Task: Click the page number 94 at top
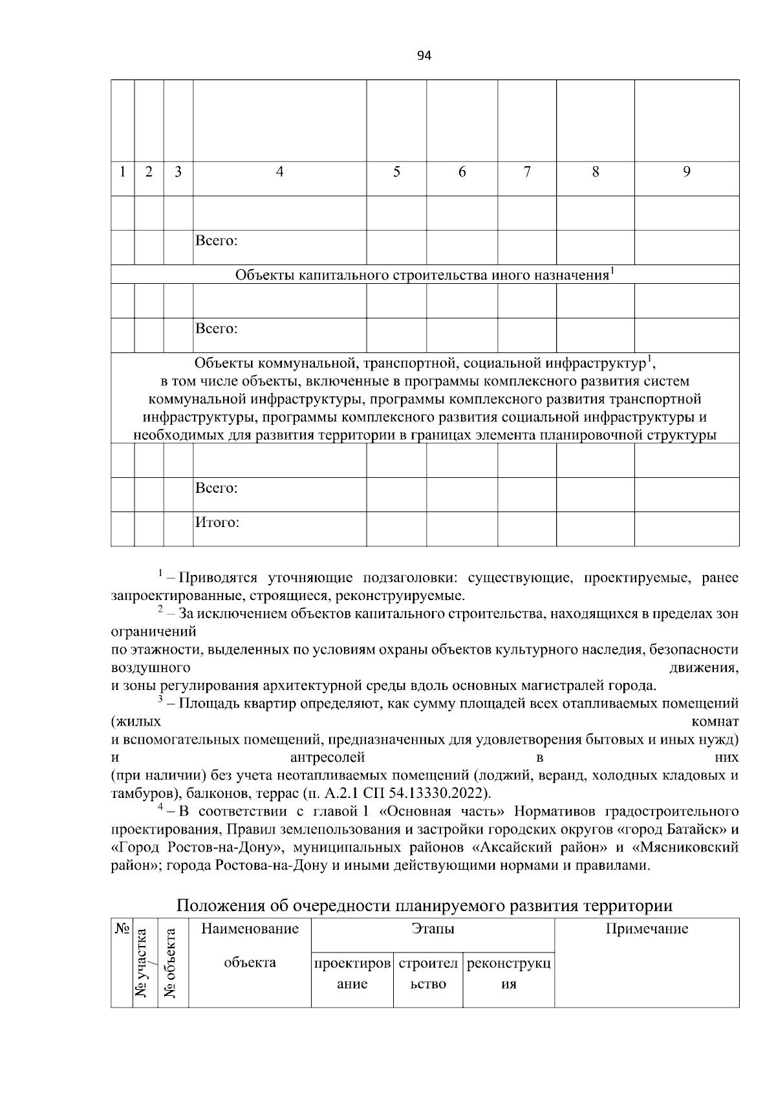point(424,56)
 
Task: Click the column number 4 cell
point(279,172)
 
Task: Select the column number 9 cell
point(687,172)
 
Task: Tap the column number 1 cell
point(122,172)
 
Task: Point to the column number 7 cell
point(527,172)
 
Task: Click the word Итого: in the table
point(217,522)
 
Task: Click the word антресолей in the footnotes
point(328,757)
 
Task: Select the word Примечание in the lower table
point(647,929)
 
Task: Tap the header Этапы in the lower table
point(433,929)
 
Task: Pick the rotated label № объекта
point(171,963)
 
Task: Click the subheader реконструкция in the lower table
point(509,973)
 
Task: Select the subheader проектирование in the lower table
point(352,973)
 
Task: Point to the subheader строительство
point(428,973)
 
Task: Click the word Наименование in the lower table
point(250,929)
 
